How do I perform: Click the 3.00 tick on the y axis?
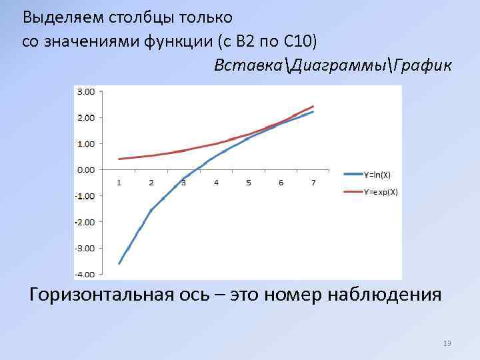pos(86,91)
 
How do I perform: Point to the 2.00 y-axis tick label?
pos(86,117)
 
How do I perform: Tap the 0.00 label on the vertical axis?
pos(86,169)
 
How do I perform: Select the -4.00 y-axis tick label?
pos(85,274)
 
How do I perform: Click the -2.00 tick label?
pos(85,221)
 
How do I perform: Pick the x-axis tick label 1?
pos(119,183)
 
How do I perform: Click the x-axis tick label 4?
pos(216,183)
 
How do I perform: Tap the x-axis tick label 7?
pos(313,183)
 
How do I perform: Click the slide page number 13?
pos(447,343)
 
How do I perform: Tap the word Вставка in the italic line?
pos(245,65)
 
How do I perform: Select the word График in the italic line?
pos(423,65)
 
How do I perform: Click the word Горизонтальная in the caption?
pos(106,294)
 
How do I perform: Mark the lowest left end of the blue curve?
pos(119,264)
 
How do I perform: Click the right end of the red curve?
pos(313,107)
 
